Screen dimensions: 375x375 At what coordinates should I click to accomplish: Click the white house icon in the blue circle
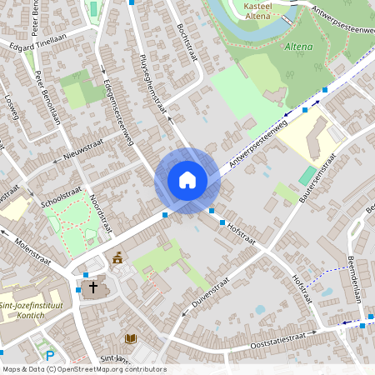click(x=187, y=179)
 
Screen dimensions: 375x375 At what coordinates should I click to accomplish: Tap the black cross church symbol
click(x=92, y=288)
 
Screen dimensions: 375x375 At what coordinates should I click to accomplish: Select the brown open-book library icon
click(x=130, y=338)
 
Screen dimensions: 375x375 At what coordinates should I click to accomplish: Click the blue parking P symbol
click(x=50, y=356)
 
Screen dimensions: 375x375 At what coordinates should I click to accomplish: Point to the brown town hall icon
click(x=117, y=258)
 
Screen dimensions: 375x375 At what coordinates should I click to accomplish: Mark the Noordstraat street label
click(x=101, y=209)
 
